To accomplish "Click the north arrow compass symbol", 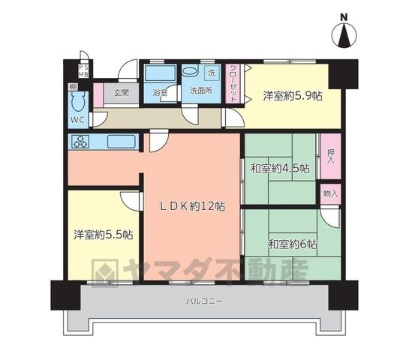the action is click(344, 35).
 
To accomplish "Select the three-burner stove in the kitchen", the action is click(81, 142).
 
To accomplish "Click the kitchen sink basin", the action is click(121, 142).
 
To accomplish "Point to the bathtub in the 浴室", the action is click(160, 73).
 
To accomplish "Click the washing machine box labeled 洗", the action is click(212, 73).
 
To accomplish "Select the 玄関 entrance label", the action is click(122, 93).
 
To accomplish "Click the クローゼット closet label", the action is click(233, 83).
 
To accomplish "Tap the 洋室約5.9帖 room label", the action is click(293, 96).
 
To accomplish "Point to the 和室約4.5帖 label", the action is click(281, 169).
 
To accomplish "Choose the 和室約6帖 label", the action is click(293, 244).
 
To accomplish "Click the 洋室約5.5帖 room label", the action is click(104, 235).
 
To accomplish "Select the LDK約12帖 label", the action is click(193, 206).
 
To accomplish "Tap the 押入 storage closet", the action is click(331, 156).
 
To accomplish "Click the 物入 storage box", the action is click(331, 193).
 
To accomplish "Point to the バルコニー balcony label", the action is click(204, 301).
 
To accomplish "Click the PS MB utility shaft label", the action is click(83, 71).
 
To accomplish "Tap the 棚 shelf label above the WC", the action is click(73, 87).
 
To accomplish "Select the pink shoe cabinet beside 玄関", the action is click(98, 94).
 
